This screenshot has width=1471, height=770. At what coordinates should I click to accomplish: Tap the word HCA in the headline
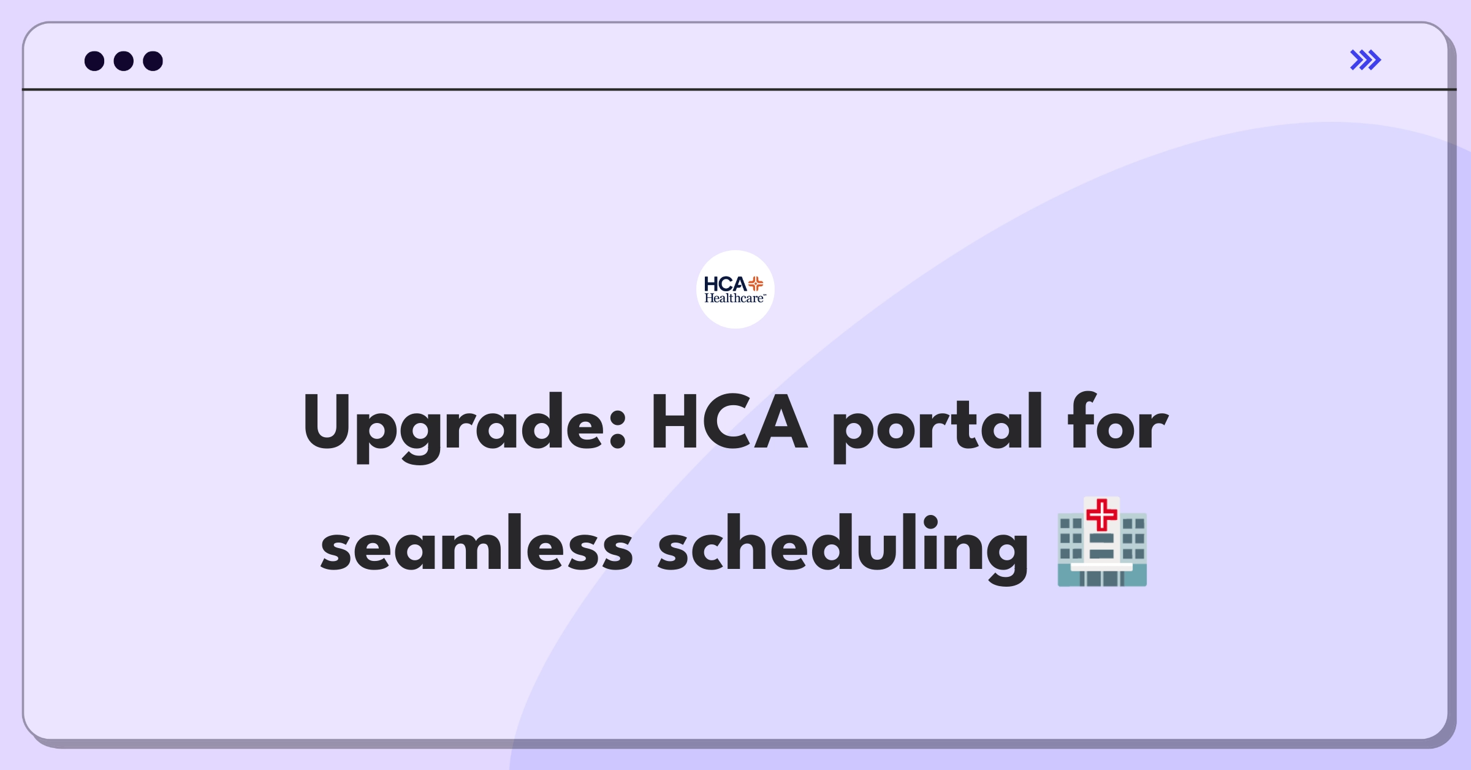729,422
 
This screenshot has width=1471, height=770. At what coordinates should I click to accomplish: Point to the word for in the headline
1118,421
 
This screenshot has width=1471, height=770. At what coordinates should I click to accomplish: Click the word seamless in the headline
476,543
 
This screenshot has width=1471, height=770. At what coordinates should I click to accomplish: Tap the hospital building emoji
1102,541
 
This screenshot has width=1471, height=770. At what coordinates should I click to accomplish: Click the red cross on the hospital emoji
1102,514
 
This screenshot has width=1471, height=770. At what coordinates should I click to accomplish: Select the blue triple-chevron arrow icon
1366,60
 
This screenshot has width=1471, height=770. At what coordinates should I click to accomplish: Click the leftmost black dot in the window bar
94,61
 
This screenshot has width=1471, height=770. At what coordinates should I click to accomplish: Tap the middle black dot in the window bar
124,61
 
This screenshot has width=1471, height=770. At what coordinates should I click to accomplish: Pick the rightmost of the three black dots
153,61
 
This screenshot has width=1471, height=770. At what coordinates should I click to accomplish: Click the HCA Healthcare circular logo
735,289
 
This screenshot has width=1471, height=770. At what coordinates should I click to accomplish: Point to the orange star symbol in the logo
756,283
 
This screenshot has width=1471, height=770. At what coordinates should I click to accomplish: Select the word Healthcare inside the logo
735,299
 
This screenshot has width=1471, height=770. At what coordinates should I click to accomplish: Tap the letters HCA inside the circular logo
725,284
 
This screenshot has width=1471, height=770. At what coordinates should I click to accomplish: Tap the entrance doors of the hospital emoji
1101,578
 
